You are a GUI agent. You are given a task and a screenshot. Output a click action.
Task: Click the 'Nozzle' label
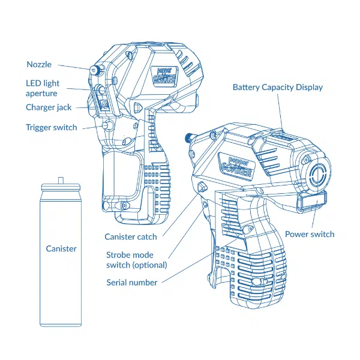tap(39, 65)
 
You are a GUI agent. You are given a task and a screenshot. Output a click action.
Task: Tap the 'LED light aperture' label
tap(42, 88)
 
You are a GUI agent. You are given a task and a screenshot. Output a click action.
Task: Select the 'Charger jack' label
tap(49, 107)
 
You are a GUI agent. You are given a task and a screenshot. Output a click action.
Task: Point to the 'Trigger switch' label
tap(51, 127)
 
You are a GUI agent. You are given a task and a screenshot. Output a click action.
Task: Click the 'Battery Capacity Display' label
tap(278, 88)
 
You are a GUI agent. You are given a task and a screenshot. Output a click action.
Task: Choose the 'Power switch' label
tap(310, 234)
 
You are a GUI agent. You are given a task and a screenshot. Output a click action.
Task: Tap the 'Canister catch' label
tap(131, 237)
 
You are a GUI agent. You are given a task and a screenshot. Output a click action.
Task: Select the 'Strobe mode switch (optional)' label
tap(136, 260)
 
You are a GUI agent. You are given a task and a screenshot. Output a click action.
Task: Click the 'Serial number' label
tap(132, 282)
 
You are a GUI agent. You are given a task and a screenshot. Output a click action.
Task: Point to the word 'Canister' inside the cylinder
tap(61, 248)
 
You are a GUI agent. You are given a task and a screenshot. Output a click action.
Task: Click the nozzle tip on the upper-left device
tap(94, 71)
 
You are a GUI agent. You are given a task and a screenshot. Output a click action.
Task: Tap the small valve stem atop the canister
tap(61, 179)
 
